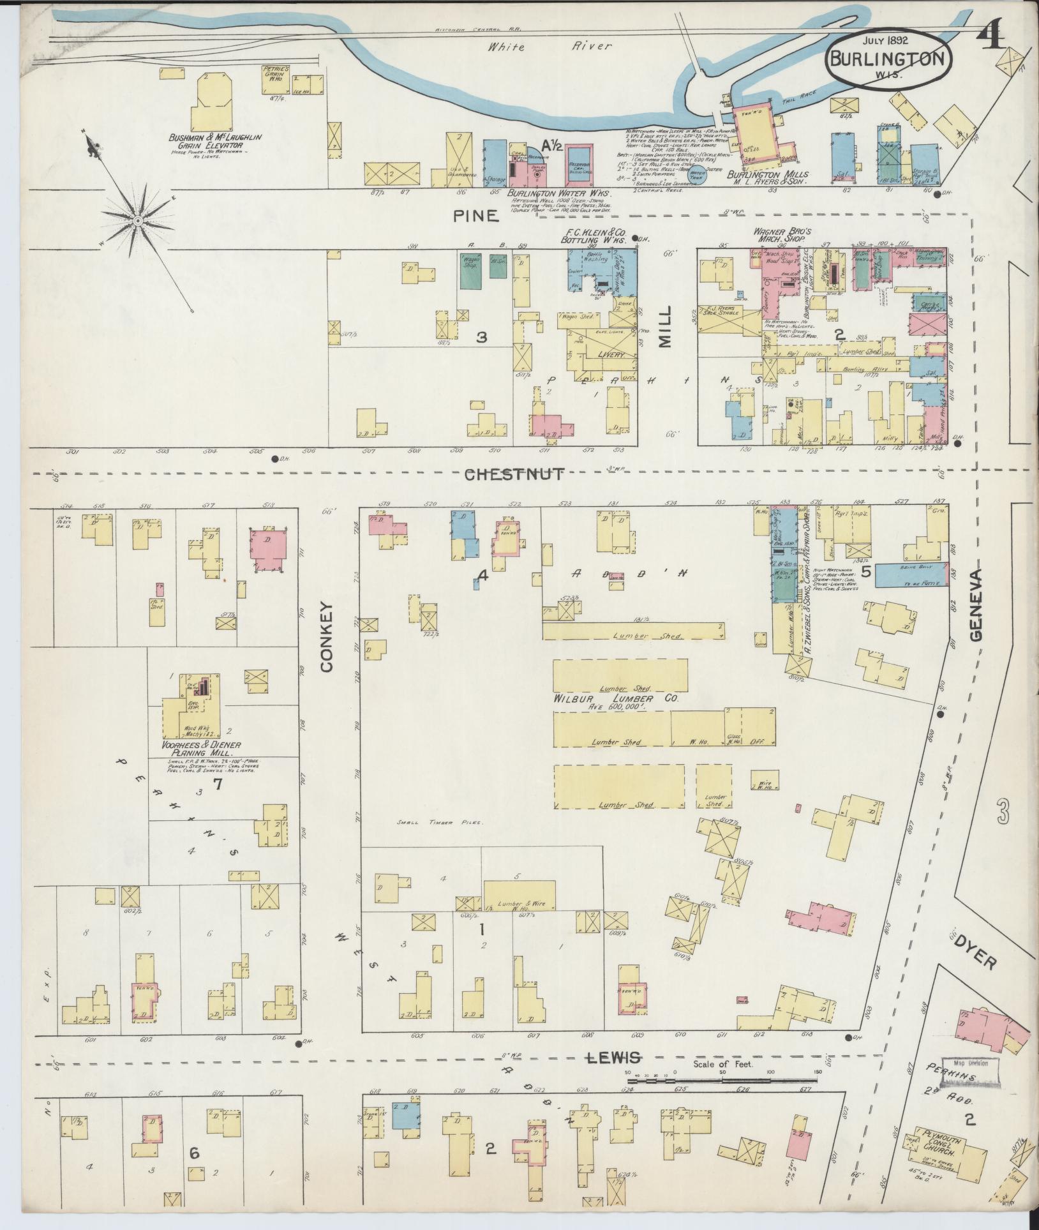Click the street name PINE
(475, 216)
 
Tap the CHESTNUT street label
(514, 474)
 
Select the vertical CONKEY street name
(327, 636)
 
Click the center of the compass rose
(137, 221)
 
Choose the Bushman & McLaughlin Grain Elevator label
(206, 141)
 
